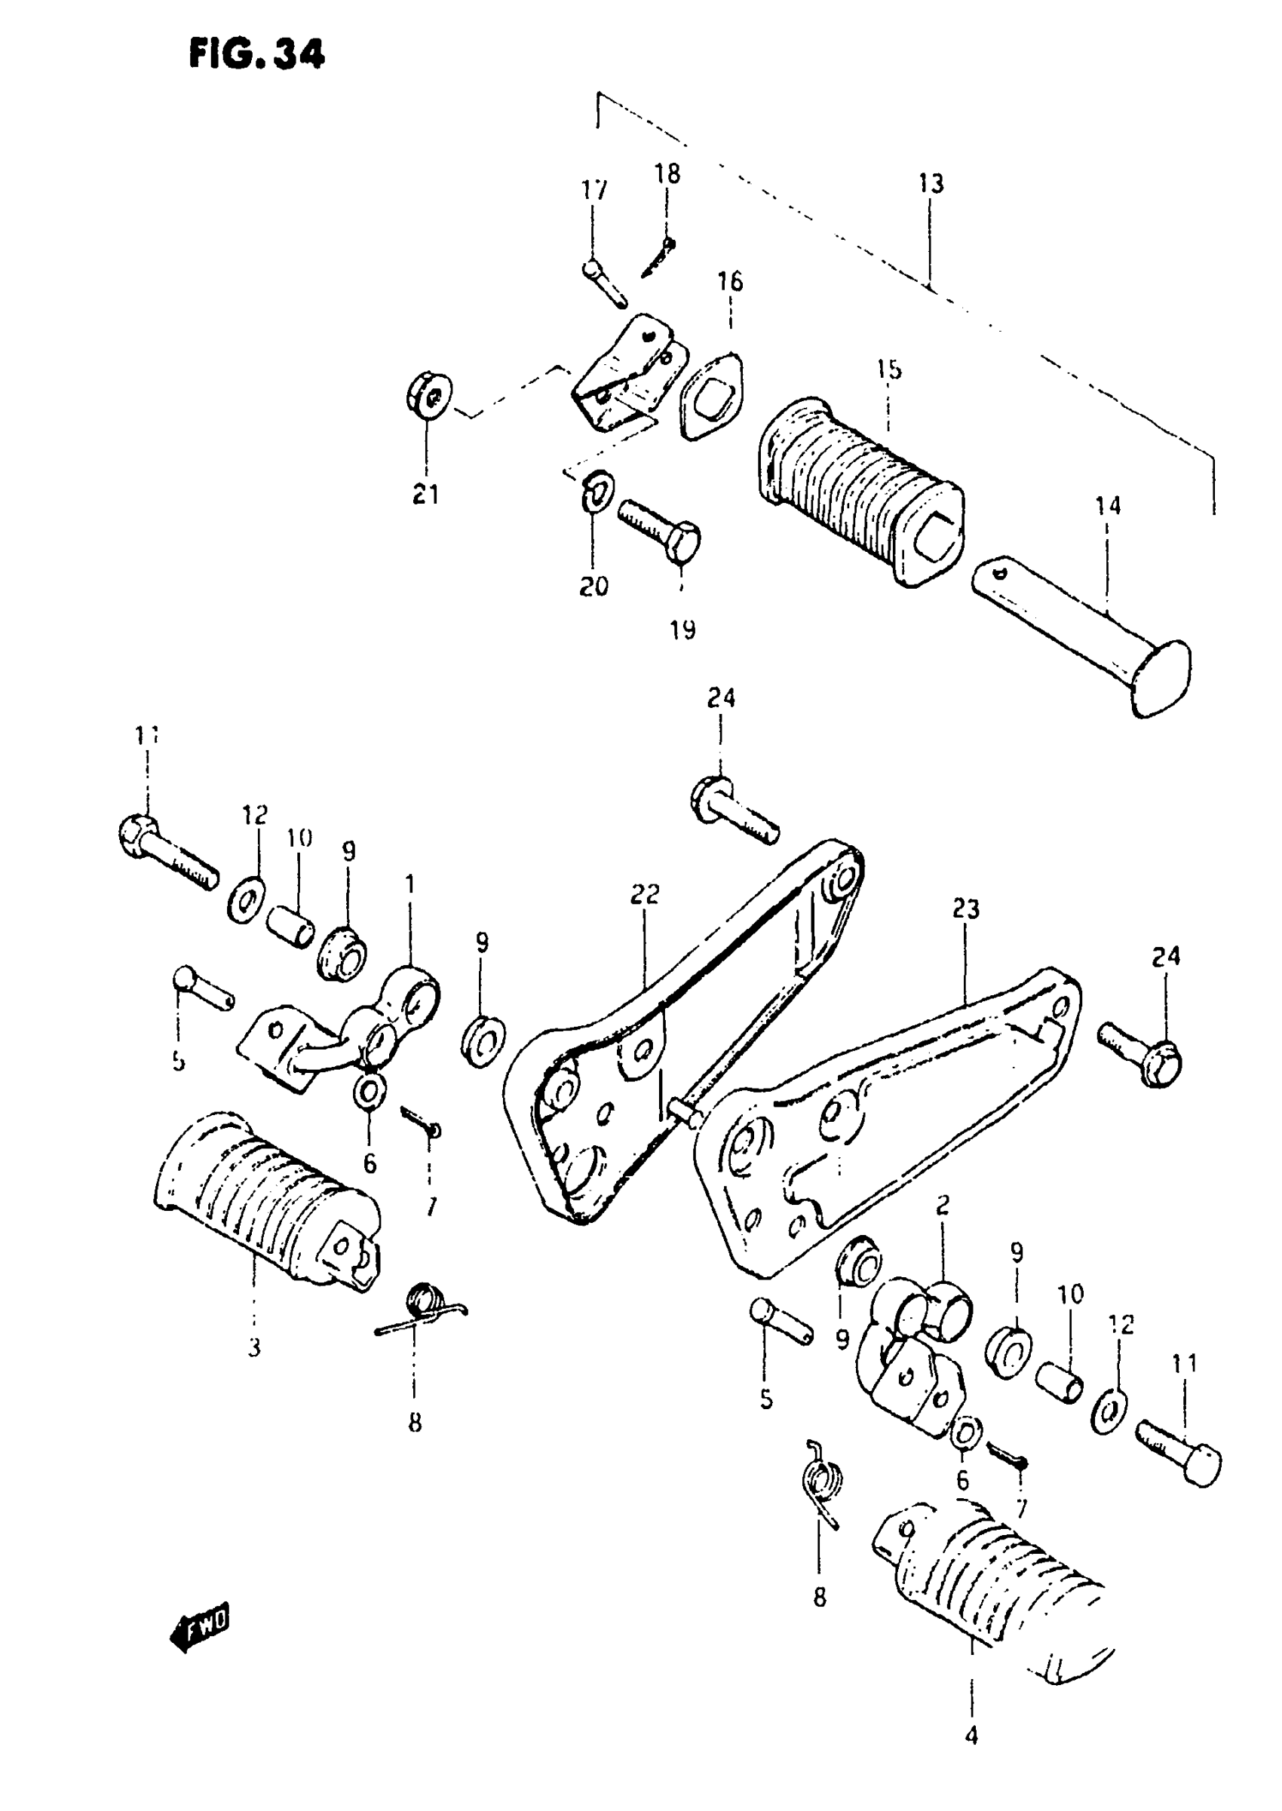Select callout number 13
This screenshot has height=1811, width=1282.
click(931, 184)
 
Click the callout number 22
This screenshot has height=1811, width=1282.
click(644, 894)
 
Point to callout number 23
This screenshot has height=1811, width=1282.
click(965, 909)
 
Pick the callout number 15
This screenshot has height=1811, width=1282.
click(889, 369)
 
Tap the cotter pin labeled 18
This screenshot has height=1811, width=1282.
click(659, 257)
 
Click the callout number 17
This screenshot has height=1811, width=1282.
click(594, 190)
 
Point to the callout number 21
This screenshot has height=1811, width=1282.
click(426, 495)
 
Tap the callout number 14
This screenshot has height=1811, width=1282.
click(1108, 506)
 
